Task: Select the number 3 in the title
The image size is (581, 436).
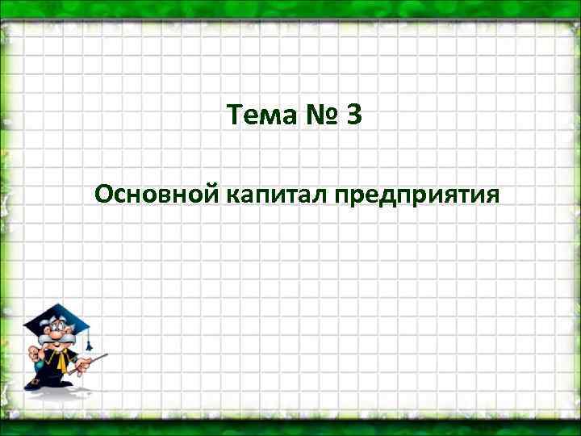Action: point(353,118)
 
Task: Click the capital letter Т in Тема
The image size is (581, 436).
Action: point(235,118)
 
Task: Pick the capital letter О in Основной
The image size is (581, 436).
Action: point(102,195)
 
